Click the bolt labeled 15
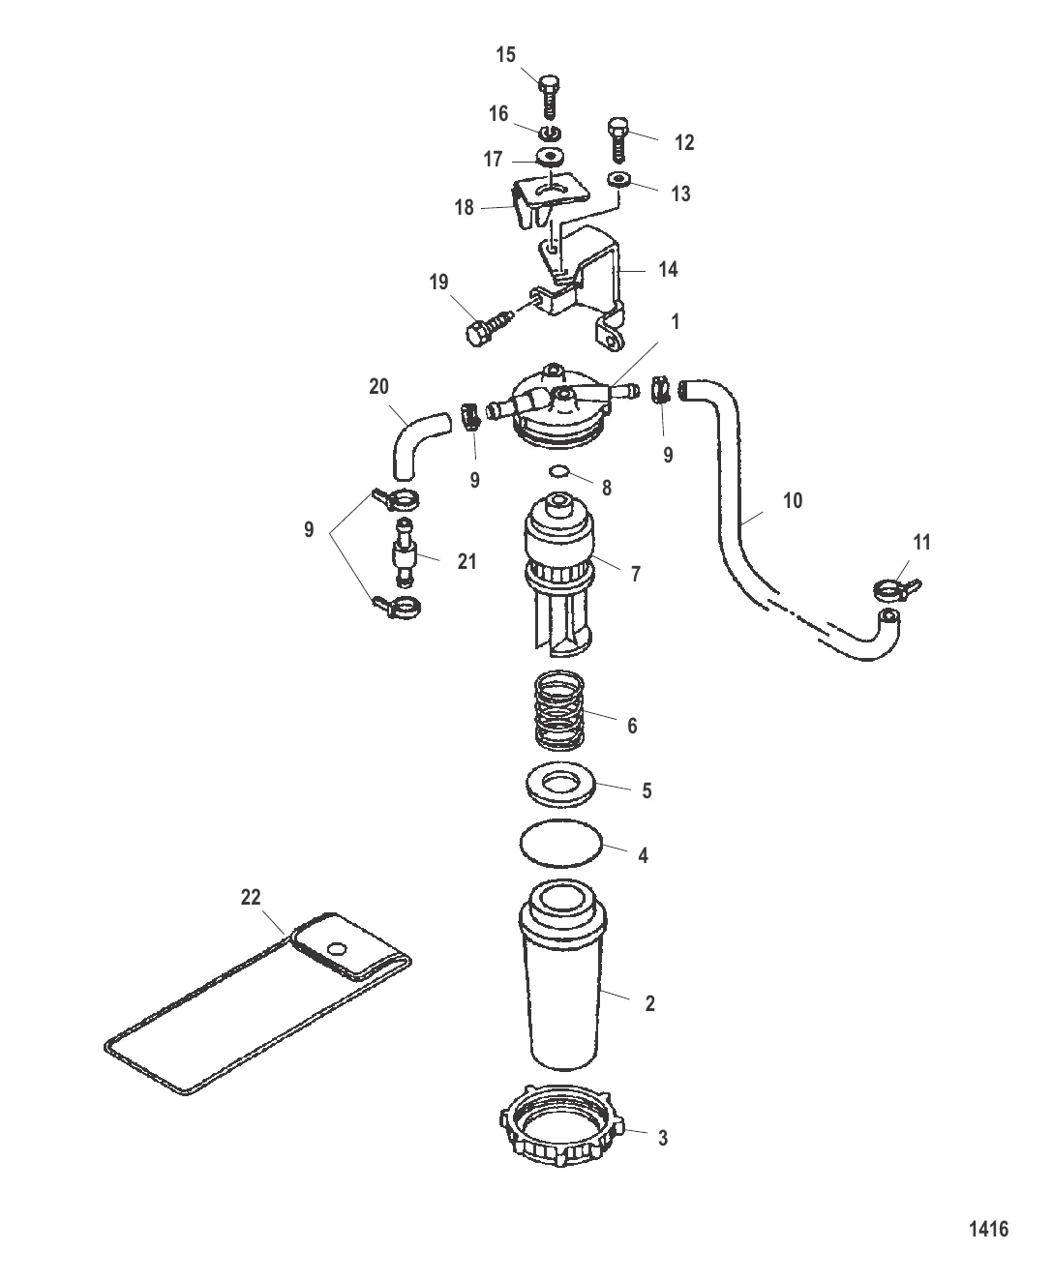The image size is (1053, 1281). click(550, 97)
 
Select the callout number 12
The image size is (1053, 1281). click(684, 142)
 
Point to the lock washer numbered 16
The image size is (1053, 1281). click(551, 133)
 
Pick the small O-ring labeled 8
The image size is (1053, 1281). click(559, 470)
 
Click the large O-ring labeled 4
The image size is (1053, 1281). click(560, 844)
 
